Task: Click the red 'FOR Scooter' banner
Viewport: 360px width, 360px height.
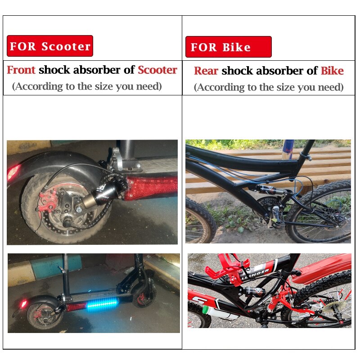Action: tap(50, 46)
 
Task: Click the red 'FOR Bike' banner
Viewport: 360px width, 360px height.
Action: tap(228, 47)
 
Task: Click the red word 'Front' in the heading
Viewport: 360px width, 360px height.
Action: tap(21, 70)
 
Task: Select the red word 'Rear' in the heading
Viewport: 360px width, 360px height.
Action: tap(206, 71)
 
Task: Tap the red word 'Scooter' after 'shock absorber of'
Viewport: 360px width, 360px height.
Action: tap(157, 70)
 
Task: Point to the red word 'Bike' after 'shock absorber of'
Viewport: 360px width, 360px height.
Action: tap(332, 71)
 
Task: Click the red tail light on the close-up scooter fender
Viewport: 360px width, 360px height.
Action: tap(13, 172)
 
